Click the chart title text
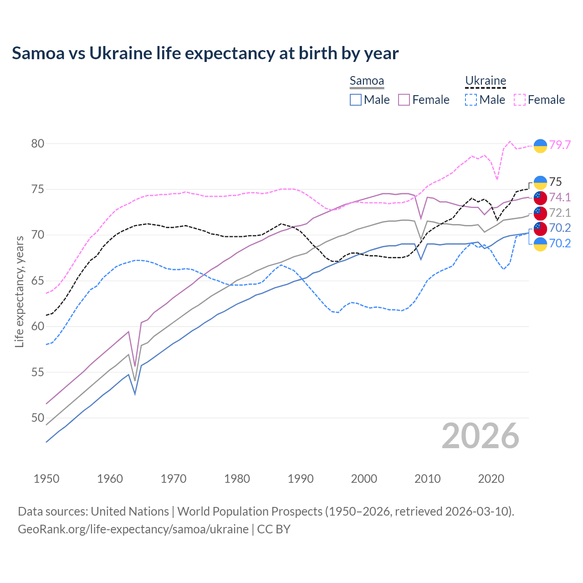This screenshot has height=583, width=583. (205, 53)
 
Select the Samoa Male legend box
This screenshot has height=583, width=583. (356, 100)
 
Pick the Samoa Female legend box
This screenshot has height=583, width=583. (404, 100)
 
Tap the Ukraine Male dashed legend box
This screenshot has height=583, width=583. (471, 100)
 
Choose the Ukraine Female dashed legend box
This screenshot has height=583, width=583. (520, 100)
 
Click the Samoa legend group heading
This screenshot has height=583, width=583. (367, 81)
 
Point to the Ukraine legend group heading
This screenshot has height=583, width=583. (486, 81)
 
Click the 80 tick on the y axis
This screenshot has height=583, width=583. (38, 143)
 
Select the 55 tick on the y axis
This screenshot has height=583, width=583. (38, 372)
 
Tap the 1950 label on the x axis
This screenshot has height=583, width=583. (46, 479)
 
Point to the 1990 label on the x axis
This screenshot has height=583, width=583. (301, 479)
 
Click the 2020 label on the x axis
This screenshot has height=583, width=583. (491, 479)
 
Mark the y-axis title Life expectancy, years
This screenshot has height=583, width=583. (19, 291)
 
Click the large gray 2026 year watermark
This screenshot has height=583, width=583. (481, 436)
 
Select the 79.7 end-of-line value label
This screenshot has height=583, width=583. (560, 145)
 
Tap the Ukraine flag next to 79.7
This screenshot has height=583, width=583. (540, 145)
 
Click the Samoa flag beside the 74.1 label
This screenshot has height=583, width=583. (540, 198)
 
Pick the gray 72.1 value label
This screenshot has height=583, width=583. (560, 213)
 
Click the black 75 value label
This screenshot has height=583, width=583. (556, 182)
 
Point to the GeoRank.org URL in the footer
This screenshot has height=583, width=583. (133, 529)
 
